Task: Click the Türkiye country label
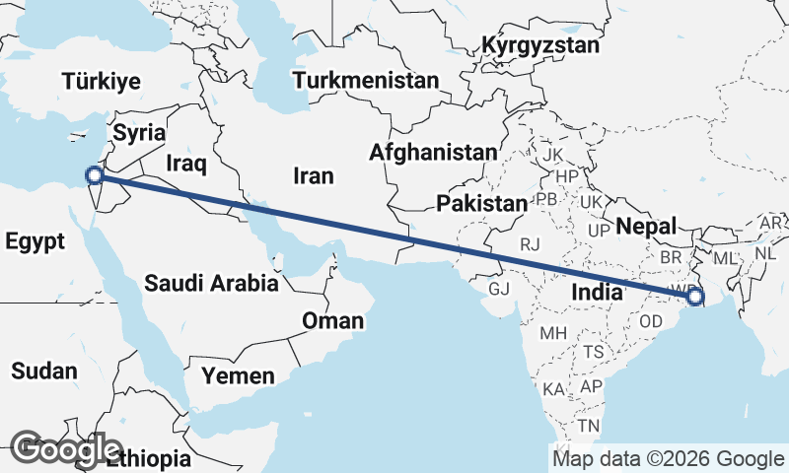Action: tap(101, 82)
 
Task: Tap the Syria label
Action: tap(139, 132)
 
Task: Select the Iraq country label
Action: tap(185, 162)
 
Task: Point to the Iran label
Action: tap(313, 176)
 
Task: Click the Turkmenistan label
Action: tap(365, 80)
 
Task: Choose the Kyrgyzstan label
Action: tap(540, 45)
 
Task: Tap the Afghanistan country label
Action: tap(433, 153)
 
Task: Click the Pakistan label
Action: tap(482, 204)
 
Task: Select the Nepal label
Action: tap(646, 227)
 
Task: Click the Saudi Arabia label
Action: tap(210, 284)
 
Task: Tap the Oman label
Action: tap(332, 320)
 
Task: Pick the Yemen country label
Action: tap(238, 375)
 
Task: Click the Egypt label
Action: tap(35, 241)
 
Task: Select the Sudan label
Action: tap(43, 372)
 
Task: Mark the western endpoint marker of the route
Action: tap(95, 175)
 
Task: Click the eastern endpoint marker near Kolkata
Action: tap(695, 296)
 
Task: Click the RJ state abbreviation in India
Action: tap(532, 243)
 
